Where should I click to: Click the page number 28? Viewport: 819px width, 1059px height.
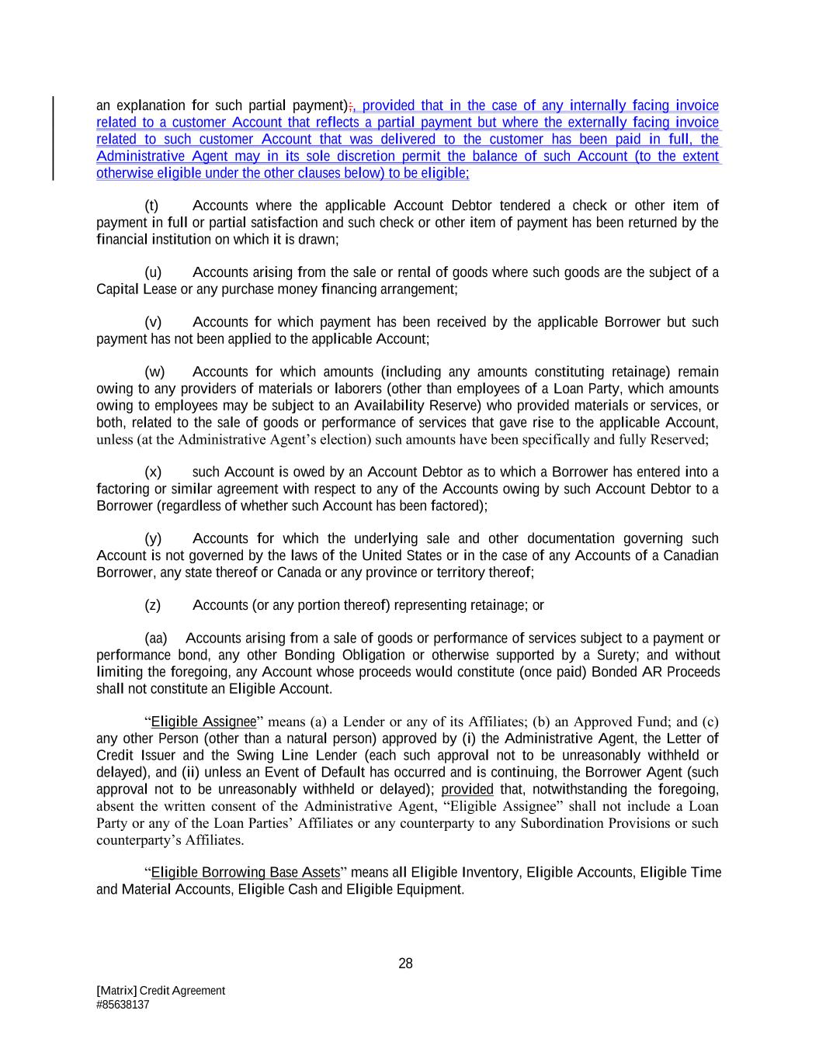[405, 964]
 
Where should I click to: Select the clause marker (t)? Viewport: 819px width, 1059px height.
[152, 206]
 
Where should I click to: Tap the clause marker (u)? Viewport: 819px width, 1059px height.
[153, 272]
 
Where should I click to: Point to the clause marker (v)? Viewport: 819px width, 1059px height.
[153, 322]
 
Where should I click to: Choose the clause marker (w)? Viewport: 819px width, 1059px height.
[154, 372]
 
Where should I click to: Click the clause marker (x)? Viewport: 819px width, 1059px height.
[153, 472]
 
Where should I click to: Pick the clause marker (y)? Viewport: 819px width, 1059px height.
[153, 538]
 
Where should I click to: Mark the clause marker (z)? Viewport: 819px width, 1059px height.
[153, 605]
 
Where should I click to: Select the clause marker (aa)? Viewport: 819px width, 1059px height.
[156, 639]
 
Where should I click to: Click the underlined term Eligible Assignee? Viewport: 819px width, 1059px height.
[203, 722]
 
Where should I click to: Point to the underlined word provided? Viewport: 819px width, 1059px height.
[467, 789]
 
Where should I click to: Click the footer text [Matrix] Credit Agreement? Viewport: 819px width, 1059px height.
[161, 991]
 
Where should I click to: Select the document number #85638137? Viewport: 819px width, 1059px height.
[123, 1005]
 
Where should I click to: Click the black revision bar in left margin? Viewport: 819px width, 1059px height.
[53, 138]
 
